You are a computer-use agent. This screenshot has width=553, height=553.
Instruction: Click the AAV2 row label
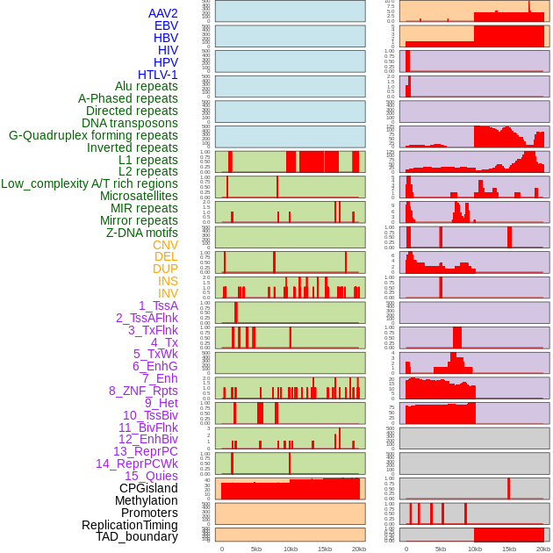162,13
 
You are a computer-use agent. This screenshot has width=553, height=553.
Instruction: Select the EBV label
166,25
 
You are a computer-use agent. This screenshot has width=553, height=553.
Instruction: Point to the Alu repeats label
147,86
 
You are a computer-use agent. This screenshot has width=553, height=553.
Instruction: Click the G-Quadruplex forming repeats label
93,135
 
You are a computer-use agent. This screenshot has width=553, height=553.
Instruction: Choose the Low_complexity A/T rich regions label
90,183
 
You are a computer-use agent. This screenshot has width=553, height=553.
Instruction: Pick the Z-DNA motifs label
141,233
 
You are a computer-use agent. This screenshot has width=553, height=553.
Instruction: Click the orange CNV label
165,245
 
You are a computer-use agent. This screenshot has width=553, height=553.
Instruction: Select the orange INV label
167,293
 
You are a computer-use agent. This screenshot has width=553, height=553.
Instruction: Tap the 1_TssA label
158,305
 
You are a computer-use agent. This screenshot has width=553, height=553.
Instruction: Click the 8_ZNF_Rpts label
143,391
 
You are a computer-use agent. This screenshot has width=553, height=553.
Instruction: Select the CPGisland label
148,488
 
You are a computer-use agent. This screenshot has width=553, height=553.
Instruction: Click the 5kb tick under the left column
256,549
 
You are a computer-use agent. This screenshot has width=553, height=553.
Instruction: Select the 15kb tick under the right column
509,549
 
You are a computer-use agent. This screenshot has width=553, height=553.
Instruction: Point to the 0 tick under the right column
406,549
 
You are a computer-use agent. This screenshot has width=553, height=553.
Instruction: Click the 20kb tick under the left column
358,549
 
